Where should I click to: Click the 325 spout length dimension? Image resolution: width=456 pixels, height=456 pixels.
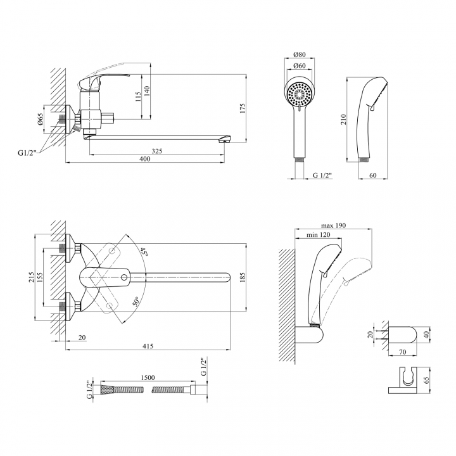point(157,151)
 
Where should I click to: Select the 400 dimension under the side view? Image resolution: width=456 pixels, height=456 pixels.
point(145,159)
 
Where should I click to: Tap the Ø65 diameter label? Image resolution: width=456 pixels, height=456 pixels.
point(41,119)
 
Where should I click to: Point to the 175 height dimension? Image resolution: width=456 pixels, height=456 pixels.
point(243,108)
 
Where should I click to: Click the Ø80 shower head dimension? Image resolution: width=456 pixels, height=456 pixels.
point(300,54)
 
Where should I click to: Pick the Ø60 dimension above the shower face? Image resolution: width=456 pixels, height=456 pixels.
point(300,66)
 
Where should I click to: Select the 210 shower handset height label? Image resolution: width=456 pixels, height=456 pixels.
point(344,119)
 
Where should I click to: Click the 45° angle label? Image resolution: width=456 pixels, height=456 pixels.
point(144,252)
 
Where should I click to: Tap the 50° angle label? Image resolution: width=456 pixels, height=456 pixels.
point(136,301)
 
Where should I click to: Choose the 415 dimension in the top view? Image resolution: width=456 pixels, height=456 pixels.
point(148,346)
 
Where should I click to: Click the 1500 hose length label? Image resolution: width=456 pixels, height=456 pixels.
point(148,377)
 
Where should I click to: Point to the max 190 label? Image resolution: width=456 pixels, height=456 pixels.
point(333,225)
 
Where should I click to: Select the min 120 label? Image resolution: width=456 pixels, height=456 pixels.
point(319,235)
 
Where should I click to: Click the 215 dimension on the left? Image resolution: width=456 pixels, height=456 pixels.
point(32,277)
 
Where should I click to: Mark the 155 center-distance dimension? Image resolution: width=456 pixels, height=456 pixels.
point(39,277)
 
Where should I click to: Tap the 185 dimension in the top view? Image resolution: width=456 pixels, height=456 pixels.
point(243,277)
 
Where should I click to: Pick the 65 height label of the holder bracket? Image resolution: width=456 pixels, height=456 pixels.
point(427,381)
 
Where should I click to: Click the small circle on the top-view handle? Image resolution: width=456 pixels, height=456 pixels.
point(124,277)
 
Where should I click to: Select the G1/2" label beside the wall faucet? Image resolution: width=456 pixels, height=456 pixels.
point(27,153)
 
